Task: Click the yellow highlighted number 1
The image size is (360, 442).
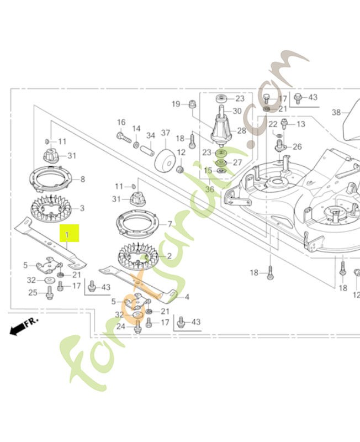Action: (x=70, y=234)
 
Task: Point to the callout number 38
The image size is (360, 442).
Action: (x=336, y=112)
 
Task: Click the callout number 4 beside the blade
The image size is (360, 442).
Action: (x=187, y=297)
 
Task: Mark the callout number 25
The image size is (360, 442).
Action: (x=33, y=293)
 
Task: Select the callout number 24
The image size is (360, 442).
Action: (x=121, y=326)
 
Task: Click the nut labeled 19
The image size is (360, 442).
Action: (x=190, y=103)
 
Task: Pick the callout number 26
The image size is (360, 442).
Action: (x=297, y=146)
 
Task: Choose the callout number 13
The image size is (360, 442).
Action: (x=300, y=124)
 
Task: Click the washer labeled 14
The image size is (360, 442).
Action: (x=136, y=145)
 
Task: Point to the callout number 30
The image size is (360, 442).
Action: (x=237, y=111)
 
